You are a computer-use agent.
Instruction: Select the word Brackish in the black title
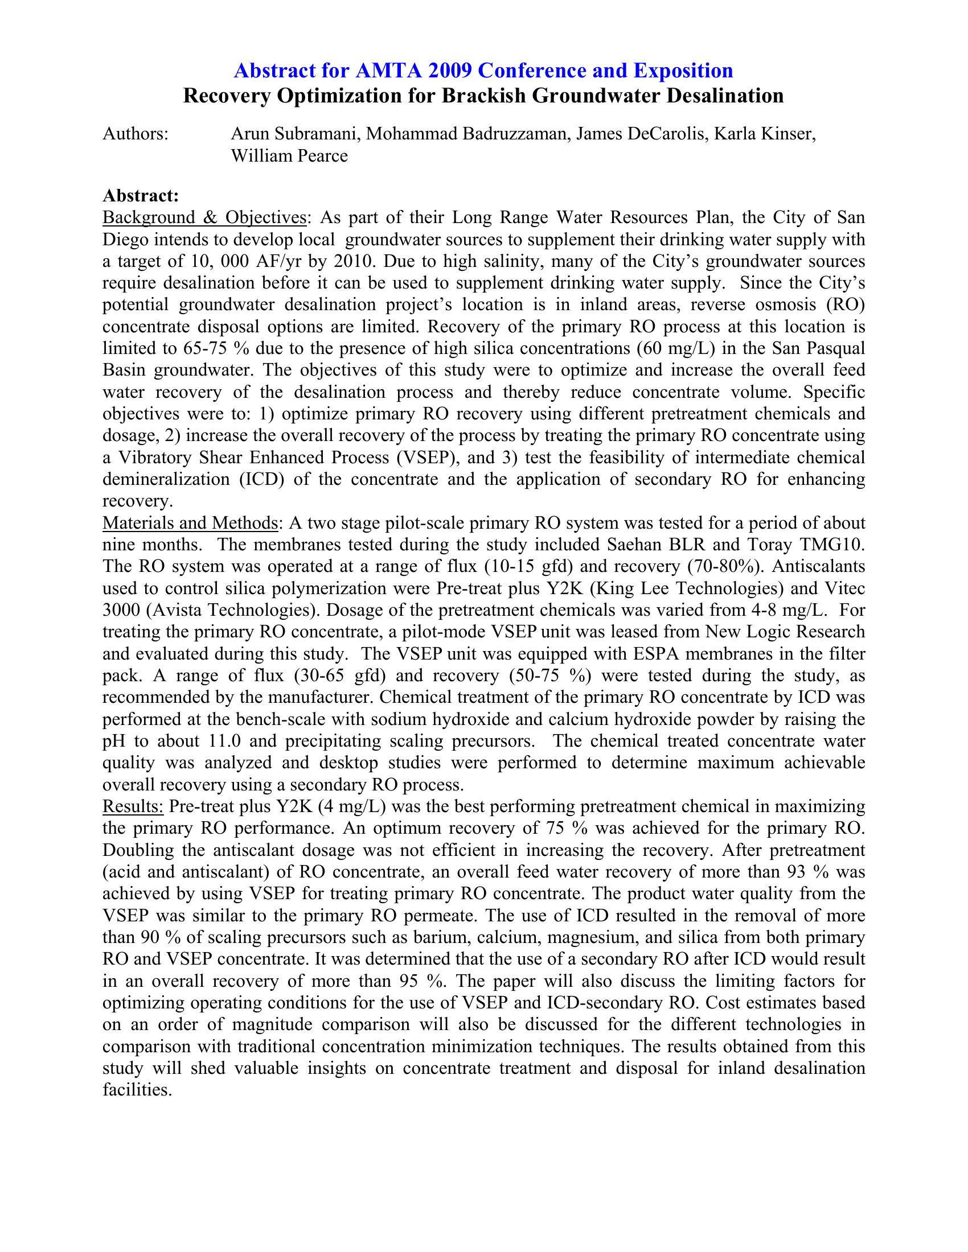(x=483, y=96)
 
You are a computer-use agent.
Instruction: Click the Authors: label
(x=136, y=134)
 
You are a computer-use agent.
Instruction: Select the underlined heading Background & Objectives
(x=204, y=219)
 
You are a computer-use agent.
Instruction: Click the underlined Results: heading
(x=133, y=806)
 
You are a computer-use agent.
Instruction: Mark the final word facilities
(x=137, y=1090)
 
